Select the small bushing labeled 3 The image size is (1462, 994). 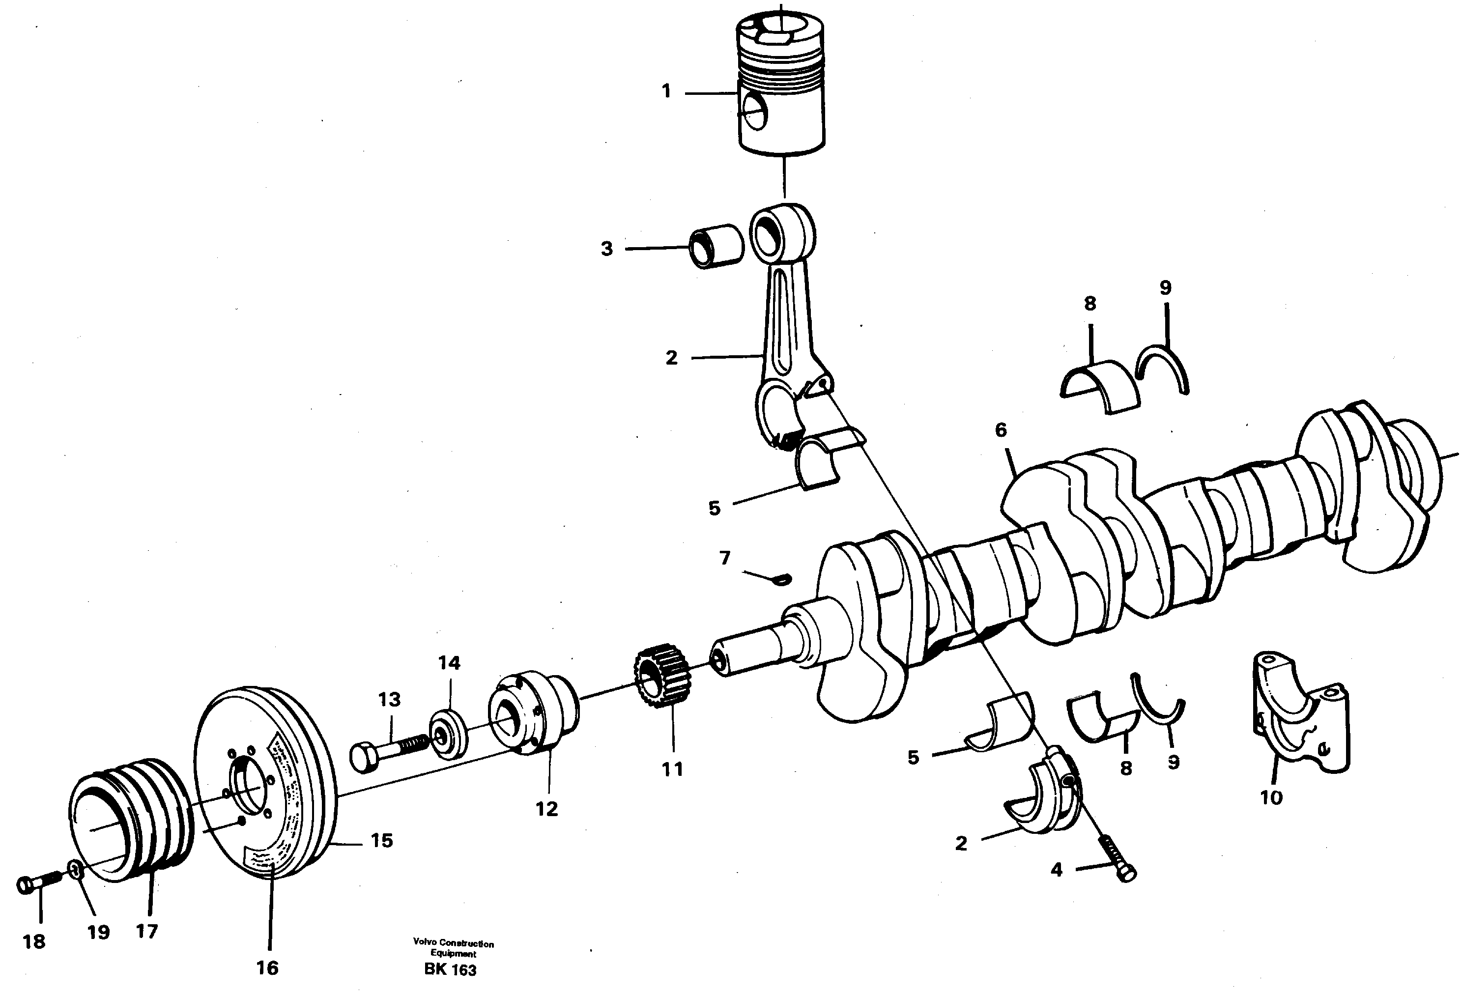(x=716, y=246)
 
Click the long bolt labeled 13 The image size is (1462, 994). (x=387, y=751)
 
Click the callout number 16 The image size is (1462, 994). (x=267, y=967)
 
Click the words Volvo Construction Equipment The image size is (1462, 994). (x=453, y=948)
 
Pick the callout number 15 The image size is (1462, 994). (x=381, y=841)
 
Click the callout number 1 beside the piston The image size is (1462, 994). (x=666, y=92)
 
